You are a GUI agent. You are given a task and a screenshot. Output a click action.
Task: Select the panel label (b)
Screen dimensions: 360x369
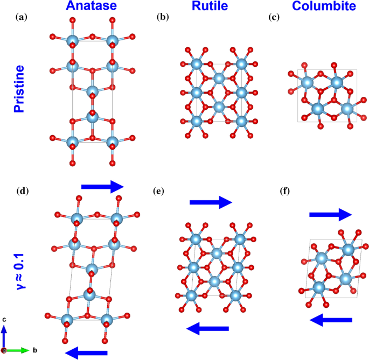coord(162,17)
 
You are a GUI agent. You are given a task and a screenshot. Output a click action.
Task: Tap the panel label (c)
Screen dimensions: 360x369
coord(274,17)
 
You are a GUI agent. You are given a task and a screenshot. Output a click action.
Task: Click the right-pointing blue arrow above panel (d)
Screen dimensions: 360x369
coord(103,186)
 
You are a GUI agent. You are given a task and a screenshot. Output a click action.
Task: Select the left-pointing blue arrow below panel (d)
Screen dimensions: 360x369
coord(86,352)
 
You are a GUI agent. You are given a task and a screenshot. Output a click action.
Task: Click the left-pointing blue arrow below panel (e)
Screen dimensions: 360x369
coord(207,328)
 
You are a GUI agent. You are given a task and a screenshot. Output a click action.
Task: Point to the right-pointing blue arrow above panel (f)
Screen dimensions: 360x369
coord(330,214)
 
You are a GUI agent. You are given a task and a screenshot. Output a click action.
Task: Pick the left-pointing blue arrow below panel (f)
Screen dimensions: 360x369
coord(331,320)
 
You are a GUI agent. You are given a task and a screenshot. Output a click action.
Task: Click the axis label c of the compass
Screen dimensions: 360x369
coord(4,320)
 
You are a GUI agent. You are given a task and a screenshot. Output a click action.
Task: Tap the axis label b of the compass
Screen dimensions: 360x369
coord(34,350)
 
